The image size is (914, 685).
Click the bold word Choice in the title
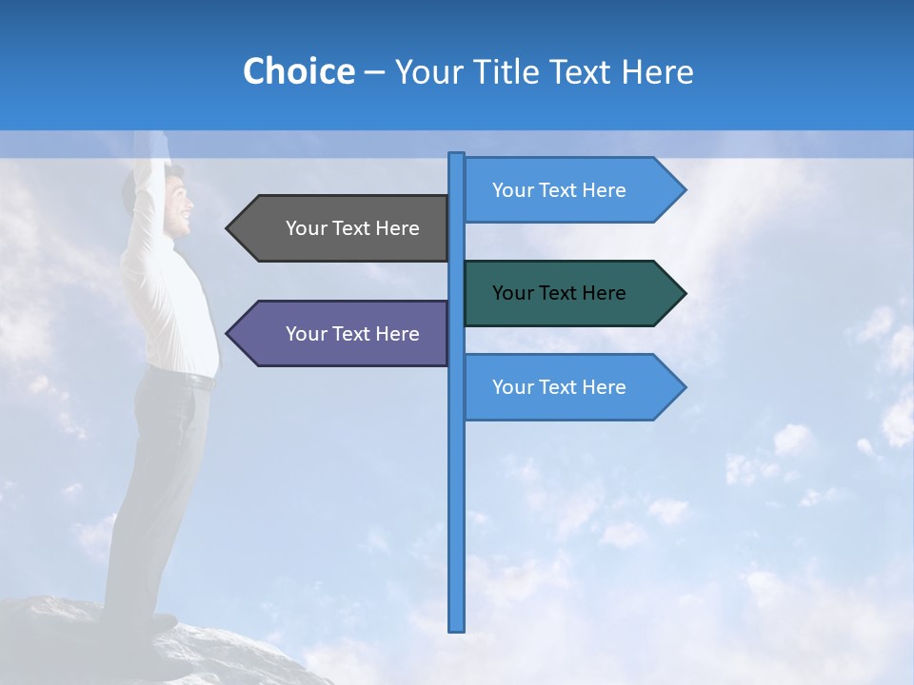pyautogui.click(x=298, y=71)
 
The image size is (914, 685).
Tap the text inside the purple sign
pyautogui.click(x=352, y=334)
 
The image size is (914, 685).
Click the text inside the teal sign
pyautogui.click(x=559, y=293)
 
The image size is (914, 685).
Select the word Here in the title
pyautogui.click(x=658, y=71)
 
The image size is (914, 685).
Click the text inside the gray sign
pyautogui.click(x=352, y=228)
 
